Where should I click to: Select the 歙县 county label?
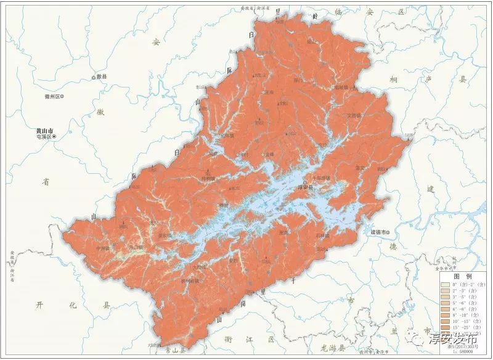(101, 77)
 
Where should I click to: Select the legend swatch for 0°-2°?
(444, 285)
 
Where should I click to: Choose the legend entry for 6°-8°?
(460, 311)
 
